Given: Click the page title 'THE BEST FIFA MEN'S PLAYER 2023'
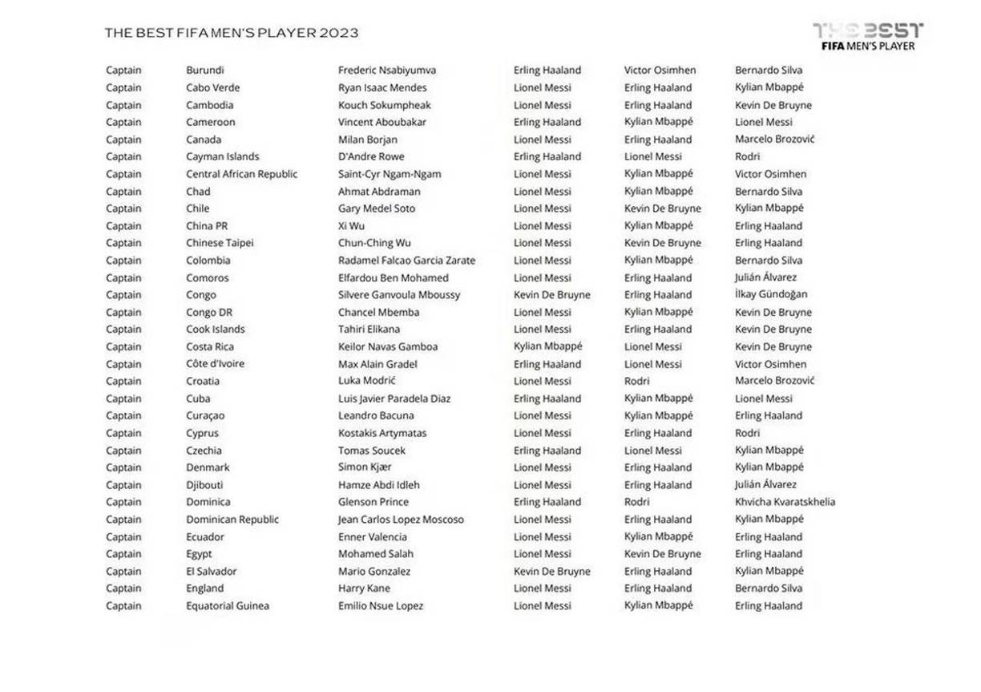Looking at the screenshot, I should click(x=232, y=33).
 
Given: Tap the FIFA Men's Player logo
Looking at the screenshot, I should click(x=868, y=37).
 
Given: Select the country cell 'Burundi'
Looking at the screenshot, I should click(x=205, y=71).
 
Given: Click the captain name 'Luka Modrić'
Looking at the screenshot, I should click(x=367, y=381).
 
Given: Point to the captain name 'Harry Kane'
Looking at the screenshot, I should click(x=364, y=589).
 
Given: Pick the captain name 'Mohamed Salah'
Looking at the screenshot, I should click(x=376, y=554).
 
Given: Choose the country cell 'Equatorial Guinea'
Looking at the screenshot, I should click(x=228, y=606).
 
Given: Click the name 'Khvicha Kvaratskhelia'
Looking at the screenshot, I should click(x=785, y=502).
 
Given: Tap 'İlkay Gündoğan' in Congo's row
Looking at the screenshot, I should click(x=771, y=295).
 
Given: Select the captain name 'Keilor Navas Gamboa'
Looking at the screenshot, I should click(x=388, y=347).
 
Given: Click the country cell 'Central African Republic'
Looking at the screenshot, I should click(x=241, y=174).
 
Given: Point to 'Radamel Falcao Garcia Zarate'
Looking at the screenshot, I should click(x=406, y=261).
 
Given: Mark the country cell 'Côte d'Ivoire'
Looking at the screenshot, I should click(x=216, y=364).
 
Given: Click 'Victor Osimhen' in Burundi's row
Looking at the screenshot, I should click(x=660, y=71).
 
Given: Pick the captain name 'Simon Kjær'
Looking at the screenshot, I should click(x=365, y=467).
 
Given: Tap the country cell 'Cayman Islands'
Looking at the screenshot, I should click(x=223, y=157).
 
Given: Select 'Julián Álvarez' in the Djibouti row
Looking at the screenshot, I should click(x=765, y=485).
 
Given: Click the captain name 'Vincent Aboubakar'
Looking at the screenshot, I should click(x=382, y=123).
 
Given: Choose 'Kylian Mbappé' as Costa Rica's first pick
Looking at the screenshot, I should click(x=548, y=347).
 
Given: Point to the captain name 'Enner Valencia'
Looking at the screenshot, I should click(x=373, y=537).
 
